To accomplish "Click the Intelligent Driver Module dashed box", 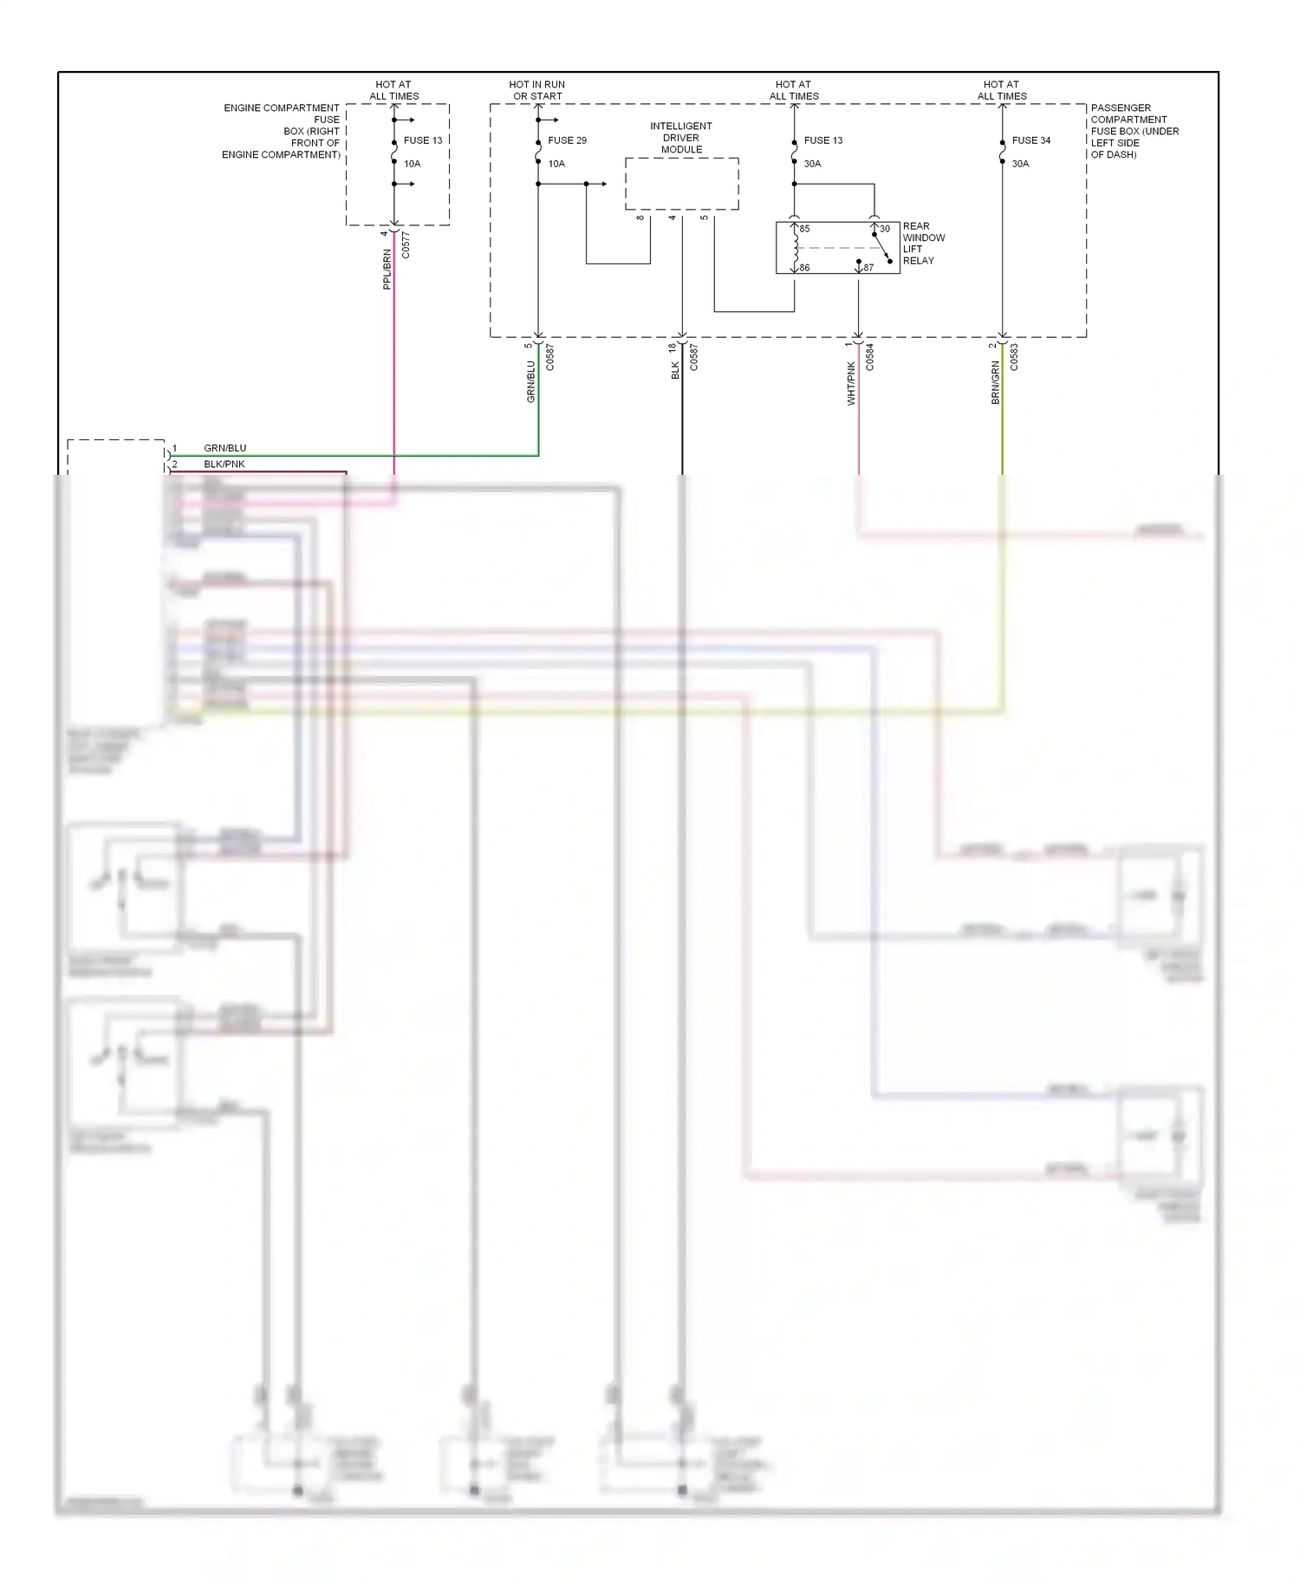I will click(x=681, y=184).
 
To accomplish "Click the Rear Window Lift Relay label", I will click(x=923, y=243).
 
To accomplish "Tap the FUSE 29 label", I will click(x=567, y=140).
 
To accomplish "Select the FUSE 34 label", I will click(x=1030, y=140).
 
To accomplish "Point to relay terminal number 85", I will click(x=804, y=229).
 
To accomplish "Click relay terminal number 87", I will click(x=868, y=268).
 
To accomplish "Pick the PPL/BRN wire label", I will click(x=387, y=269).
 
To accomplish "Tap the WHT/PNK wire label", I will click(x=851, y=383).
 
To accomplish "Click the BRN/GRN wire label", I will click(x=996, y=382).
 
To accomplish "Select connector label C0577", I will click(x=406, y=244).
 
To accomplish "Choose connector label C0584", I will click(x=869, y=357).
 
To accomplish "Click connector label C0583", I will click(x=1014, y=357).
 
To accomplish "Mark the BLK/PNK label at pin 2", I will click(x=224, y=464).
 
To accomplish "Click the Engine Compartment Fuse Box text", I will click(x=282, y=132).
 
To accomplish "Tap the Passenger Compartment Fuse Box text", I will click(x=1134, y=132).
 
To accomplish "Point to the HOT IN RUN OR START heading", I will click(x=537, y=90).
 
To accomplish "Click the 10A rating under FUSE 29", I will click(x=556, y=164).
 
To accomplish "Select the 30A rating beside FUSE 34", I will click(x=1020, y=164).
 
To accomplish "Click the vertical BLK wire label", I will click(x=675, y=371).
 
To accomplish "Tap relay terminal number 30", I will click(x=885, y=229).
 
